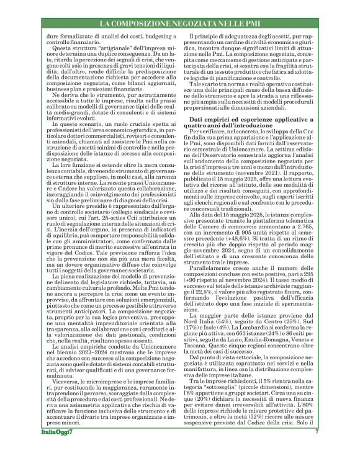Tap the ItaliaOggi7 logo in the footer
56,449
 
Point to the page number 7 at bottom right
317,449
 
